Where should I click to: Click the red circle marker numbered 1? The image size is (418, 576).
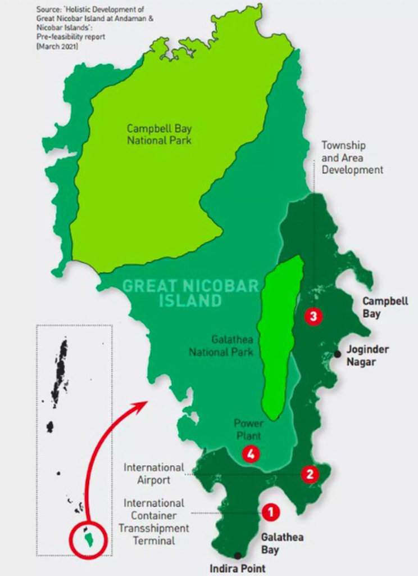pos(270,512)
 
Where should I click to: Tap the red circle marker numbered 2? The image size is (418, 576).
pos(309,474)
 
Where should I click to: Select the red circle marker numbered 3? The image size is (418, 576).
pos(313,317)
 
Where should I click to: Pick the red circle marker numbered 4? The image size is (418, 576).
pos(251,454)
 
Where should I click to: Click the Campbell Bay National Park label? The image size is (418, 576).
pos(159,134)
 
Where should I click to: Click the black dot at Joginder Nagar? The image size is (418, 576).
pos(337,354)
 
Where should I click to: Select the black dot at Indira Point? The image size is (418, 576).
pos(238,555)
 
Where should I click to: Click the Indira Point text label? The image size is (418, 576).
pos(237,568)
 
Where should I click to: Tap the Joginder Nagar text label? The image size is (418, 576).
pos(367,355)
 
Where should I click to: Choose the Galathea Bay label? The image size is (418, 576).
pos(282,543)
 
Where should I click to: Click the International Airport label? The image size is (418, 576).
pos(153,474)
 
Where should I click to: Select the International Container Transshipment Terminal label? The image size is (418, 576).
pos(153,521)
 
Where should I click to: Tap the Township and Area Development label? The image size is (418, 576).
pos(352,157)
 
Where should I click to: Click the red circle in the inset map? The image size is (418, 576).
pos(88,540)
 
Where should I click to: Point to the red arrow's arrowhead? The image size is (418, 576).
pos(143,403)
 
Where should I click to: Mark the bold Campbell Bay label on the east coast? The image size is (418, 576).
pos(385,308)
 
